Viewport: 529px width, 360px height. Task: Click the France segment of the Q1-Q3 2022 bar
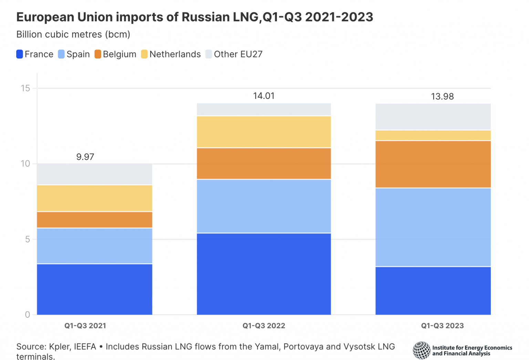pyautogui.click(x=264, y=274)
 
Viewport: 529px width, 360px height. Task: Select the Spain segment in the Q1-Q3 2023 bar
pyautogui.click(x=433, y=227)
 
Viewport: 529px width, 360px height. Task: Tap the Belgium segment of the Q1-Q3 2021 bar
pyautogui.click(x=94, y=220)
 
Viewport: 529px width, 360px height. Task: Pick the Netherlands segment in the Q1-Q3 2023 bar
pyautogui.click(x=433, y=135)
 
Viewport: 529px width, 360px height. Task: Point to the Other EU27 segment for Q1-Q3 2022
pyautogui.click(x=264, y=109)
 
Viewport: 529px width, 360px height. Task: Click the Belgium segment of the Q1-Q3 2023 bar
pyautogui.click(x=433, y=164)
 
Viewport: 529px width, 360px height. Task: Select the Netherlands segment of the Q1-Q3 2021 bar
pyautogui.click(x=94, y=198)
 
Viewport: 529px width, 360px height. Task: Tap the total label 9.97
pyautogui.click(x=85, y=157)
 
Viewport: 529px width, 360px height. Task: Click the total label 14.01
pyautogui.click(x=264, y=96)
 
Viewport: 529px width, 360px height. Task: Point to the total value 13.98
pyautogui.click(x=442, y=97)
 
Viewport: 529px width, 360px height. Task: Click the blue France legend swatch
pyautogui.click(x=20, y=54)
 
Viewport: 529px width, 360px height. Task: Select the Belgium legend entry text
pyautogui.click(x=120, y=54)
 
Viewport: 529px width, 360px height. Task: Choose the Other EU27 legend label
pyautogui.click(x=238, y=54)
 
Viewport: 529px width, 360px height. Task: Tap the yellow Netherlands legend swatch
pyautogui.click(x=144, y=54)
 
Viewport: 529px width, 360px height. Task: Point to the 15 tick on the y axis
pyautogui.click(x=25, y=88)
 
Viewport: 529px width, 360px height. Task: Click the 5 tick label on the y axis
pyautogui.click(x=28, y=240)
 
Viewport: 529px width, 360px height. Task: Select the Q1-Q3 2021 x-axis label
pyautogui.click(x=85, y=326)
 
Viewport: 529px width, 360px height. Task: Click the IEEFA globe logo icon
pyautogui.click(x=422, y=350)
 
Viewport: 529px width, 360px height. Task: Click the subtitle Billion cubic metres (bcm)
pyautogui.click(x=73, y=34)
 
